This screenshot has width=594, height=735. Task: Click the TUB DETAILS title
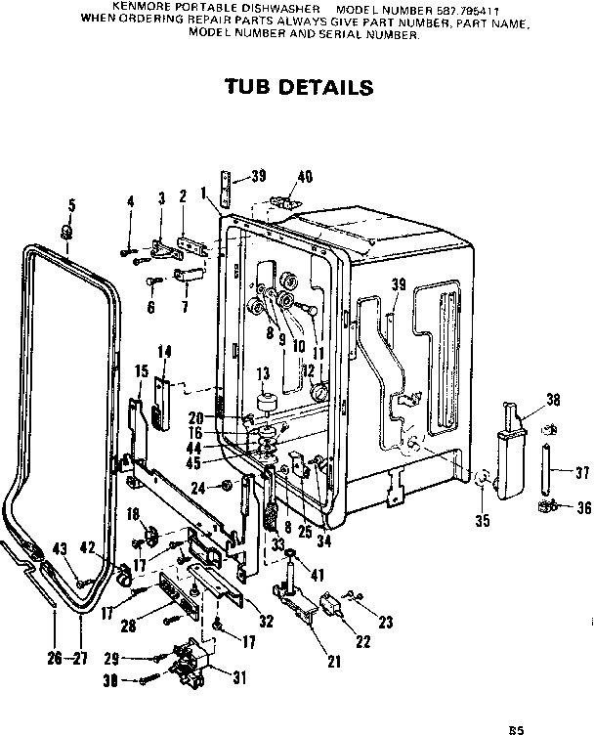pos(299,87)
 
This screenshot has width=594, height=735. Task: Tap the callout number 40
pos(305,177)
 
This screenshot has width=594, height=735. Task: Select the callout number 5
pos(70,204)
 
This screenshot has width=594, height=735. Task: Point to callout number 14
pos(164,351)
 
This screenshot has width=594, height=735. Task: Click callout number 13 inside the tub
pos(262,373)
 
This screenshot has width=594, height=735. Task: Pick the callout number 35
pos(482,521)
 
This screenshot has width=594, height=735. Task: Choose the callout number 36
pos(583,506)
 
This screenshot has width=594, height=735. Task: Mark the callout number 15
pos(141,370)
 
